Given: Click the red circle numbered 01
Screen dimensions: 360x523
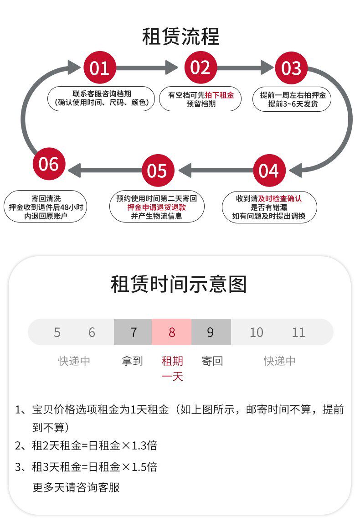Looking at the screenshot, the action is tap(99, 68).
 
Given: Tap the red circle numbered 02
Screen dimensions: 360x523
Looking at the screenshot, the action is tap(200, 67).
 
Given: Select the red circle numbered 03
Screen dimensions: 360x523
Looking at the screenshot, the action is tap(291, 68).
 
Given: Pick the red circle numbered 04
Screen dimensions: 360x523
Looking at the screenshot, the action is tap(268, 171).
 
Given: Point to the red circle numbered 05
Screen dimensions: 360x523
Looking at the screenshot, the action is tap(157, 171).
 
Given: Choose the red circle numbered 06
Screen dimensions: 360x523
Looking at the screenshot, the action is tap(49, 164).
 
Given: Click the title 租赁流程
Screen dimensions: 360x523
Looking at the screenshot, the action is tap(180, 36).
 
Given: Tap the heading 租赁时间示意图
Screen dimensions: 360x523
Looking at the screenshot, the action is tap(179, 284).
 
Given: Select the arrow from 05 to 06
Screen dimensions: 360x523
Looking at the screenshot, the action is tap(105, 171).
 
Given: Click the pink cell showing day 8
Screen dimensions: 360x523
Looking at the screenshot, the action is tap(171, 332).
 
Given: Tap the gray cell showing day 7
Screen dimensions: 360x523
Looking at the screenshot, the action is tap(133, 332).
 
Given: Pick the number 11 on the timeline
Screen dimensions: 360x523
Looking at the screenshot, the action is tap(298, 332).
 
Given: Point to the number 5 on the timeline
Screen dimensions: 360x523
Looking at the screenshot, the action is tap(57, 332).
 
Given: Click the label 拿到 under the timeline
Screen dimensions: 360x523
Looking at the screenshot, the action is tap(133, 361).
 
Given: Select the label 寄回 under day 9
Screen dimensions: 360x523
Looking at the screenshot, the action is tap(212, 361).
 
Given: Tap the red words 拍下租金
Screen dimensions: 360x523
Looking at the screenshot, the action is tap(219, 95).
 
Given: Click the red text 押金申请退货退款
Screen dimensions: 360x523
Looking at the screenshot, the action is tap(157, 207).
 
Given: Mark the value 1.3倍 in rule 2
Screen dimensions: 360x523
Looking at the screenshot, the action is tap(144, 445).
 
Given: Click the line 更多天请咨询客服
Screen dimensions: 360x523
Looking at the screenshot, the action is tap(76, 487).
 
